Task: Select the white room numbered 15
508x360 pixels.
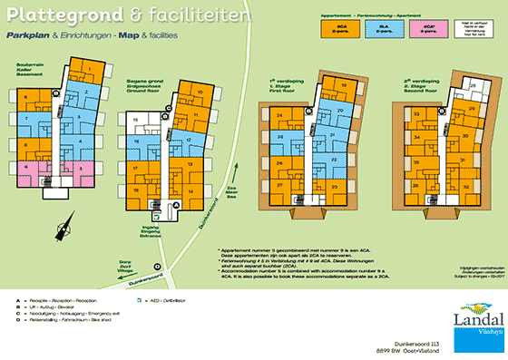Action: (x=135, y=119)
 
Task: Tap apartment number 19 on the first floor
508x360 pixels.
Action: (x=344, y=86)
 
